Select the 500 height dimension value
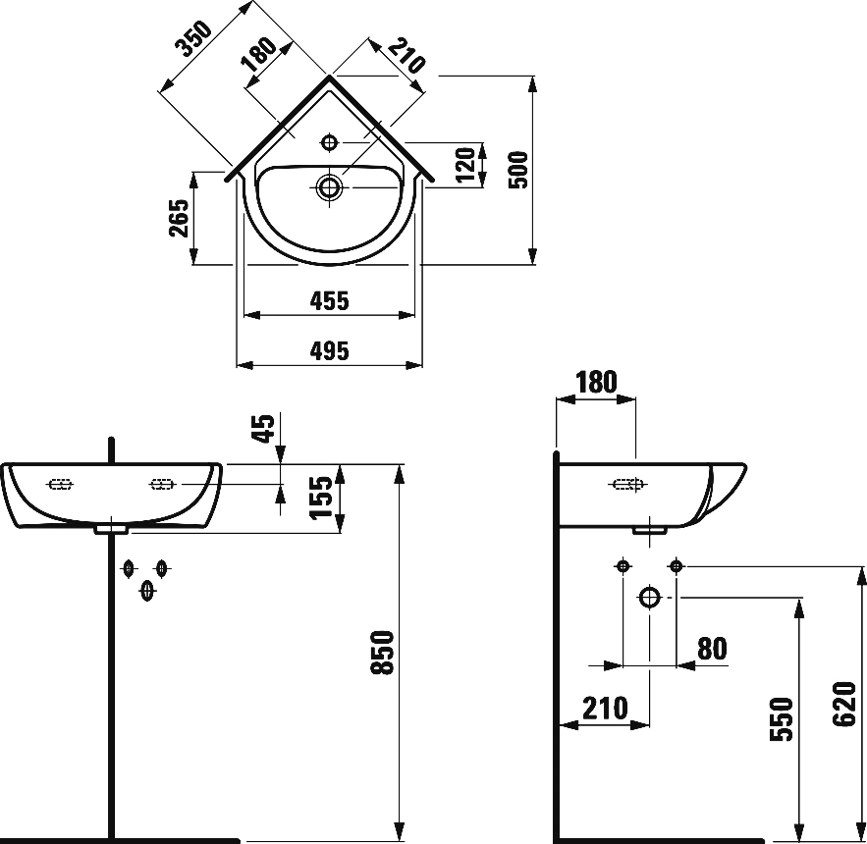(x=519, y=169)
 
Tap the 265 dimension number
(x=178, y=218)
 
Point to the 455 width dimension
(x=329, y=301)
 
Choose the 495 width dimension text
(x=329, y=351)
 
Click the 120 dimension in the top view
(x=467, y=165)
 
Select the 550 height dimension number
(x=781, y=719)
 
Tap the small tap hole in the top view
(x=329, y=142)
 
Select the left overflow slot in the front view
(x=61, y=484)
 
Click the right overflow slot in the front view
(x=161, y=484)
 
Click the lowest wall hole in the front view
(x=146, y=589)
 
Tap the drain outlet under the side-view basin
(x=649, y=529)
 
